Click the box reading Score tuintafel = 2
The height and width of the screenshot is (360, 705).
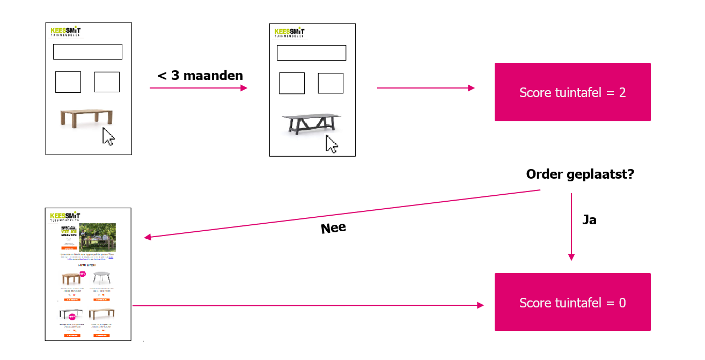pos(572,92)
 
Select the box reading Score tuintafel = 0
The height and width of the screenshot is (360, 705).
pos(572,303)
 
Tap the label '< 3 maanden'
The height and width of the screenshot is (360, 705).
pos(200,76)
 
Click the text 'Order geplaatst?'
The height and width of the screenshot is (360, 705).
pos(580,175)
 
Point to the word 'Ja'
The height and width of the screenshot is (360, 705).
pos(589,220)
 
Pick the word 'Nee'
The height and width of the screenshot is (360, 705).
pos(333,229)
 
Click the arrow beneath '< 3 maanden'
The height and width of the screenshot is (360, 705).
pos(199,88)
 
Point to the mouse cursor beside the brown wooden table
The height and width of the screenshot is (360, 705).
pos(109,136)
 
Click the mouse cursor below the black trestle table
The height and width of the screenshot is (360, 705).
pos(332,144)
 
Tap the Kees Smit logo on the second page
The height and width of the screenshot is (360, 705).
pos(289,32)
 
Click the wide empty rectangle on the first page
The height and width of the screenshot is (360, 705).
pos(87,52)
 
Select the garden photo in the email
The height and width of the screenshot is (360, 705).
pos(97,237)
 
